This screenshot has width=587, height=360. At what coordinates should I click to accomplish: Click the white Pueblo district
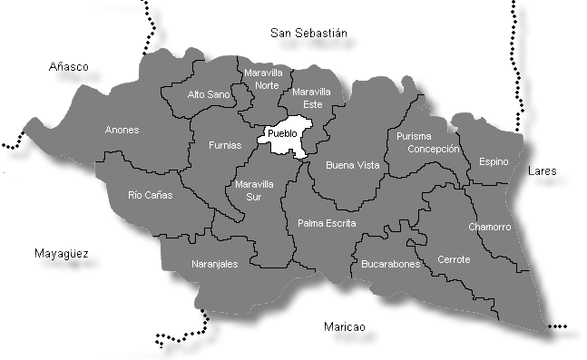283,136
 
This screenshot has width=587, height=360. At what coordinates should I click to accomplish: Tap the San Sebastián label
309,33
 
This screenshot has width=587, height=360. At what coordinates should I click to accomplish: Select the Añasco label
69,66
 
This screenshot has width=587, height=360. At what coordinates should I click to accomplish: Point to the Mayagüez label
60,254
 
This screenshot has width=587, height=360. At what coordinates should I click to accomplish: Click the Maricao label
345,326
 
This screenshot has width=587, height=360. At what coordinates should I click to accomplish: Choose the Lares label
544,170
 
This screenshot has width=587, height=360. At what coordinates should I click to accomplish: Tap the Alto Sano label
209,94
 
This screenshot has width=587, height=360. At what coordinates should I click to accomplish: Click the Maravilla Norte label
262,79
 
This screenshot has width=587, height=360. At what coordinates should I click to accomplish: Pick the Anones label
122,131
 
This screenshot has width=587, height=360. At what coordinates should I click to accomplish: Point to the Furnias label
225,145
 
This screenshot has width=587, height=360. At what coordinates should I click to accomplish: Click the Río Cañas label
150,194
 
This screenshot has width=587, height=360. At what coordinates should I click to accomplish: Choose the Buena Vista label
352,166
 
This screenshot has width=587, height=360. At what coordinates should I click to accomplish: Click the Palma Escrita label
327,223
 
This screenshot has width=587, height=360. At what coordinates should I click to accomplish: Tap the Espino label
494,161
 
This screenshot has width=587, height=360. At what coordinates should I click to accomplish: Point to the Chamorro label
490,227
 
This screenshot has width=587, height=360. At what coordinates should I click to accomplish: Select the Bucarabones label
390,265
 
